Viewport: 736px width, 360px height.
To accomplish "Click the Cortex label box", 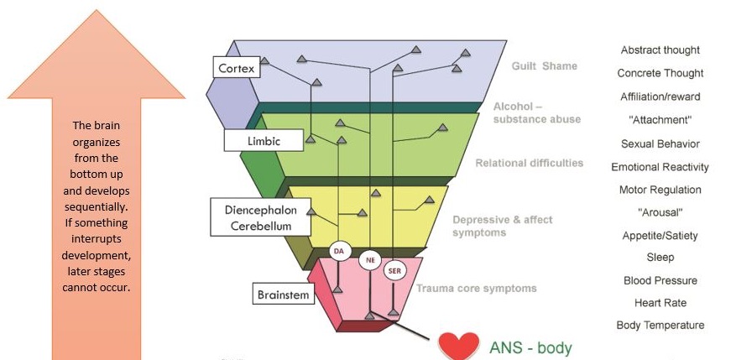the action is point(236,68).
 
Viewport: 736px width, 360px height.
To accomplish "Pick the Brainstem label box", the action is point(284,294).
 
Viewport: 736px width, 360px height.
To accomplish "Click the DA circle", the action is point(339,251).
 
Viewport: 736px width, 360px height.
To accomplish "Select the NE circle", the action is point(370,260).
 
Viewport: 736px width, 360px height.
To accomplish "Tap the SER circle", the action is point(394,271).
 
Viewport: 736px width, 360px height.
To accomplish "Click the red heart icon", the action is point(458,347).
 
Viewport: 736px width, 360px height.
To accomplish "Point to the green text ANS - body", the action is point(530,348).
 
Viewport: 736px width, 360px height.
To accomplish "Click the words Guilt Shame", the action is point(544,66).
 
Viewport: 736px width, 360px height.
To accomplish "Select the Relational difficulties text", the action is point(529,163).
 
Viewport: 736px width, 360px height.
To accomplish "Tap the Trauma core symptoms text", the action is point(477,288).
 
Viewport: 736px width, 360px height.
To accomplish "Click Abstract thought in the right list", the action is point(660,50).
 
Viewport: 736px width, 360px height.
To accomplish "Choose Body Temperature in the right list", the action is point(660,326).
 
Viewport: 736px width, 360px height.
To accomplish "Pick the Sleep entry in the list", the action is point(660,258).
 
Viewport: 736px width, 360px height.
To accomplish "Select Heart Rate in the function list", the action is point(660,303).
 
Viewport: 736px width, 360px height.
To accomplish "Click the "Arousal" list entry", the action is point(660,212).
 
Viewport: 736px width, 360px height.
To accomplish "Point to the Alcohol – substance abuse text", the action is point(537,113).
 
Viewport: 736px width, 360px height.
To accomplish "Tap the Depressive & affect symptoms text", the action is point(502,227).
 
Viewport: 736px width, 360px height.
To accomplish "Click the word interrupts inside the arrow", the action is point(97,238).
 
